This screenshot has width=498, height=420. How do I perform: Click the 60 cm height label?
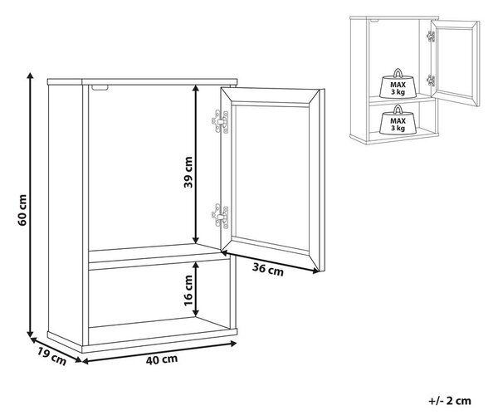point(22,210)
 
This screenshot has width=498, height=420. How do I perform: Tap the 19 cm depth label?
point(52,356)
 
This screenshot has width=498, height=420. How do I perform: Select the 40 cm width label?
point(162,360)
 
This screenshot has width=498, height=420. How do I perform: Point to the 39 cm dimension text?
point(188,172)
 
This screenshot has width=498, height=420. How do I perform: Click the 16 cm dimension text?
point(188,291)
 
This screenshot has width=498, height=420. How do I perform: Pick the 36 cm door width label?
point(268,270)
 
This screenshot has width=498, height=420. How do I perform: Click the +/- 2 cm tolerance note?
point(450,401)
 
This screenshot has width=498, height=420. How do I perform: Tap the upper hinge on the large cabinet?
point(220,122)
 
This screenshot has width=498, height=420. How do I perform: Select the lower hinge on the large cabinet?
point(220,217)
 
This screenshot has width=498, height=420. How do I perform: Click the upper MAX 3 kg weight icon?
point(398,84)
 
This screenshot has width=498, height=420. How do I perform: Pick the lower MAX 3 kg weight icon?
point(398,120)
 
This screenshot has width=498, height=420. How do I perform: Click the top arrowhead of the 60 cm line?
point(30,76)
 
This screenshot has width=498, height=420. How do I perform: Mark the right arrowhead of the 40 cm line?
point(233,344)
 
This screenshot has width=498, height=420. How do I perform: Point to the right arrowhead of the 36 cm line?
point(315,271)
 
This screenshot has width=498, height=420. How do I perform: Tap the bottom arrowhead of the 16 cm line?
point(196,313)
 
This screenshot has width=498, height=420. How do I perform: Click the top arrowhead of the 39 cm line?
point(196,89)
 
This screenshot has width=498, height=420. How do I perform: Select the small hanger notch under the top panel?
point(100,87)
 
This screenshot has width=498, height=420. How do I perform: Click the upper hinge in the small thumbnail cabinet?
point(431,37)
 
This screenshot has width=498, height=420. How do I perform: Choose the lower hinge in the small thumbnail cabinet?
point(431,81)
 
